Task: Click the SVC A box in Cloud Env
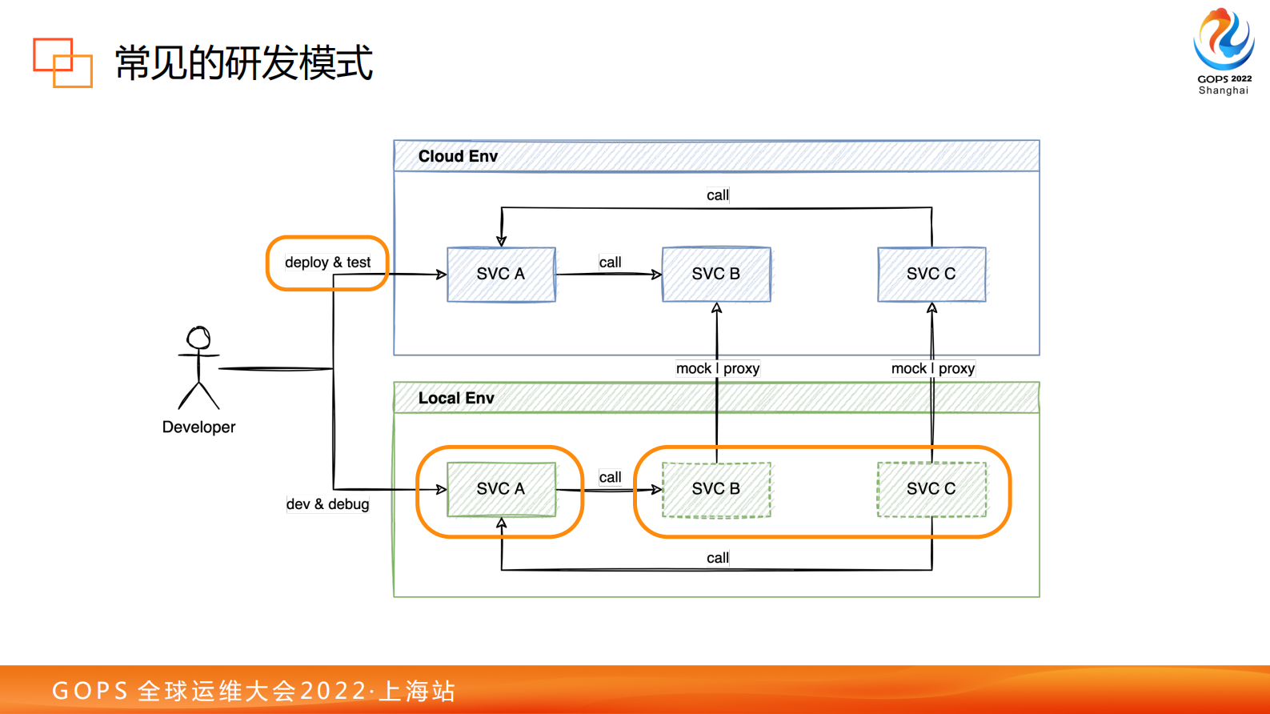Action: [x=501, y=274]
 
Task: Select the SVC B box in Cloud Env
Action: [x=716, y=274]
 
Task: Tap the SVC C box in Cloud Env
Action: [x=931, y=274]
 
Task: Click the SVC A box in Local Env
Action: [x=501, y=488]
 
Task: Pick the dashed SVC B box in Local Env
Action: [x=716, y=488]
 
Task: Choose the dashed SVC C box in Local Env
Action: [x=931, y=488]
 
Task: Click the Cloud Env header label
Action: [x=458, y=156]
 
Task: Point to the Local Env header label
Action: [x=456, y=398]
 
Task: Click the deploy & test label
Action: [x=327, y=263]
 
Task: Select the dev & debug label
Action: [x=327, y=504]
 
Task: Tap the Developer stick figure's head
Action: [x=198, y=337]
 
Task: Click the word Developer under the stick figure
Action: [x=198, y=427]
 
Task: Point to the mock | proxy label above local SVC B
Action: [x=717, y=368]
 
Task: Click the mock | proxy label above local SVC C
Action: [x=932, y=368]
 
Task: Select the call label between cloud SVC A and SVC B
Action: [x=610, y=262]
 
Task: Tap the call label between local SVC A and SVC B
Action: [x=610, y=477]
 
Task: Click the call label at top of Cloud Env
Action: [x=718, y=195]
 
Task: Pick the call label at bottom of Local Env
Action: [x=718, y=558]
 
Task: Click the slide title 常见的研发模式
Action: [x=244, y=62]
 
